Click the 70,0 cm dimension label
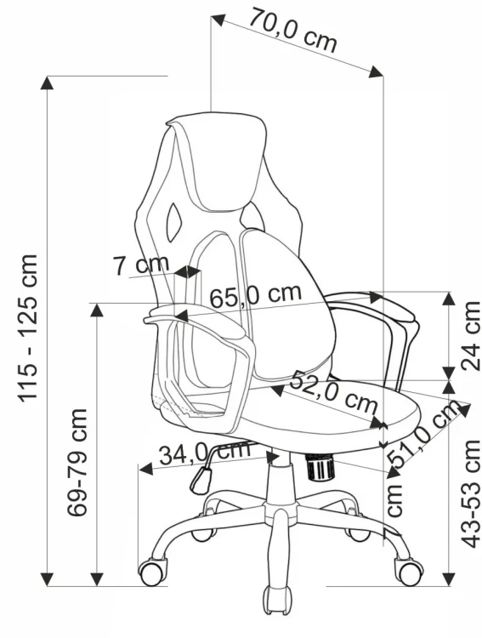[293, 30]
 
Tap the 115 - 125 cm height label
[28, 328]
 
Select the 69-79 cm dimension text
[77, 462]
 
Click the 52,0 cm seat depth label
[333, 391]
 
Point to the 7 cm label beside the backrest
[141, 265]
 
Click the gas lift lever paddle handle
[201, 481]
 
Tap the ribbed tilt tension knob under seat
[320, 468]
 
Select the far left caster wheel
[153, 572]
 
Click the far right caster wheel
[409, 572]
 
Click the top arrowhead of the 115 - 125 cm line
[48, 83]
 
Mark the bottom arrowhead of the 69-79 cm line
[97, 578]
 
